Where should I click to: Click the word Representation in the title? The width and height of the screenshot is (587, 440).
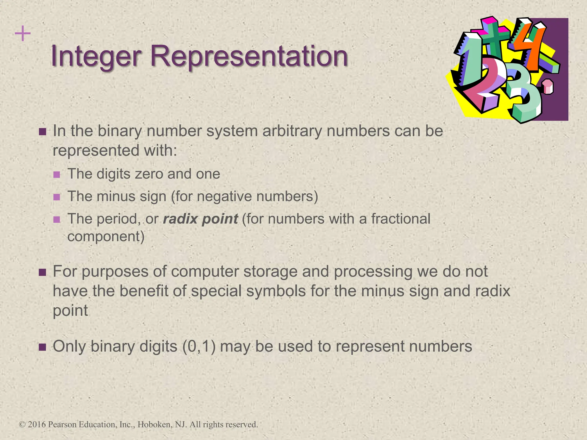coord(249,56)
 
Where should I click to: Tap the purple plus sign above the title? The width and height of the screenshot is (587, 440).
coord(23,34)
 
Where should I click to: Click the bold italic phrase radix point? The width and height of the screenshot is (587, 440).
coord(200,219)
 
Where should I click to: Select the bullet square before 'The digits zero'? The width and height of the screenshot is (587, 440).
coord(57,174)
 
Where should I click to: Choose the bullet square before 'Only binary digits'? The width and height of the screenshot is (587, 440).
coord(42,347)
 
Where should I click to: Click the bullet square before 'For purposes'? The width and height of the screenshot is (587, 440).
coord(42,272)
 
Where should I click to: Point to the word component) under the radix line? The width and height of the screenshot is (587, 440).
coord(106,237)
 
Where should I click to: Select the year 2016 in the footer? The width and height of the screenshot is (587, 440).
coord(37,424)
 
